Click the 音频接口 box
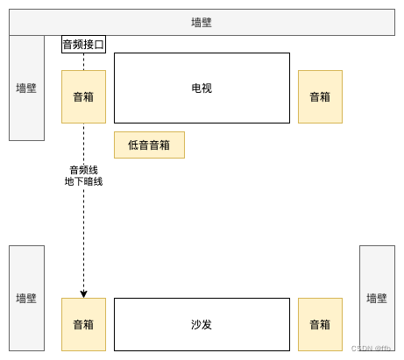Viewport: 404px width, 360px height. (x=83, y=44)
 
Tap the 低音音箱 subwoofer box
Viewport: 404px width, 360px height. (x=149, y=145)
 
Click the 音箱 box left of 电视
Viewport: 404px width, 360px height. (x=83, y=96)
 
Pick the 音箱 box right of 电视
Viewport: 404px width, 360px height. (x=320, y=96)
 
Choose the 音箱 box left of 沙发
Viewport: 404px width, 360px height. (x=83, y=324)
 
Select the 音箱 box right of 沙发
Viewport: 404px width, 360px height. (x=320, y=324)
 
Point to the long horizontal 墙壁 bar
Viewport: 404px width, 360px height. (x=202, y=22)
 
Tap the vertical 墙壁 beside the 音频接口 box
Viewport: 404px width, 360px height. (x=26, y=88)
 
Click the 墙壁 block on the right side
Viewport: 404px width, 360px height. (x=377, y=298)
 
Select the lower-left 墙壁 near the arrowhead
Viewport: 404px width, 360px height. (x=26, y=298)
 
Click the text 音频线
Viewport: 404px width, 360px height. (x=83, y=170)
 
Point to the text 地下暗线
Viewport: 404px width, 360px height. (x=83, y=181)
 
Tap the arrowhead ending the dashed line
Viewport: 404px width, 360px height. (x=84, y=293)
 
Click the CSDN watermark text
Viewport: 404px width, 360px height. (x=371, y=348)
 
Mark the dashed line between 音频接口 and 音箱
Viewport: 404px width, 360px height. (x=84, y=61)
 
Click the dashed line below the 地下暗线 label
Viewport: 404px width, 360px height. (x=84, y=236)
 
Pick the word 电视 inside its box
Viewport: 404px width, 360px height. (x=202, y=88)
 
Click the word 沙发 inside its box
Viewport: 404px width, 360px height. (x=202, y=324)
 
